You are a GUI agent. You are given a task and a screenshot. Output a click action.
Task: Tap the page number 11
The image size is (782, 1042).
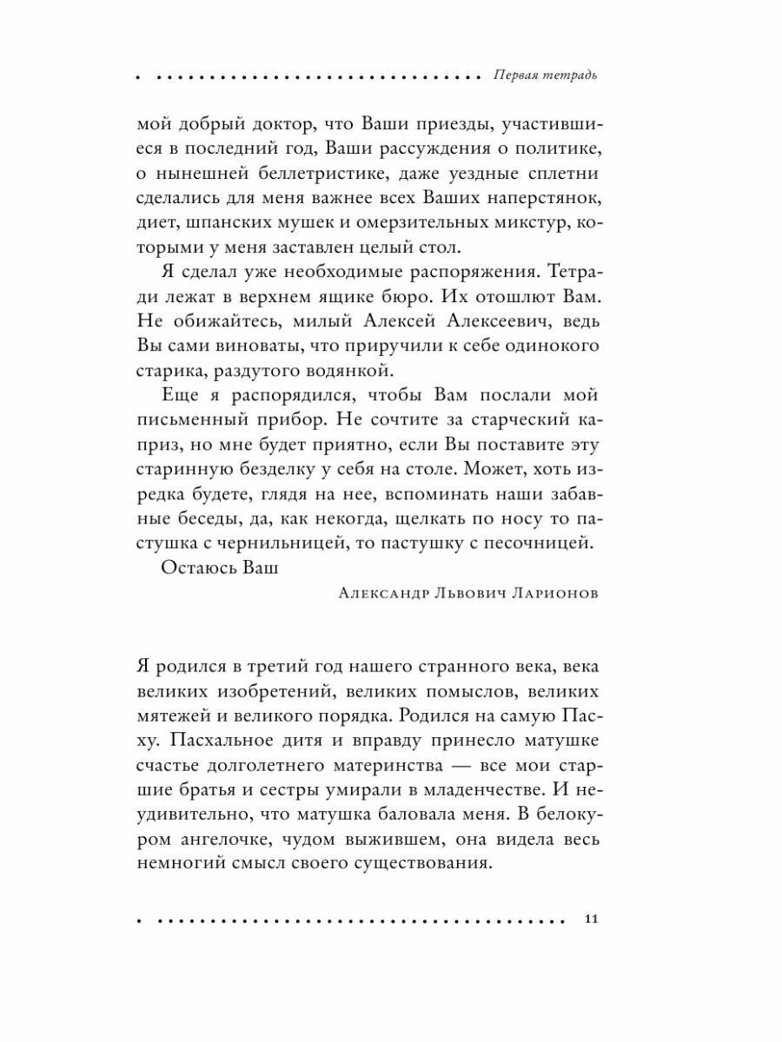click(591, 920)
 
